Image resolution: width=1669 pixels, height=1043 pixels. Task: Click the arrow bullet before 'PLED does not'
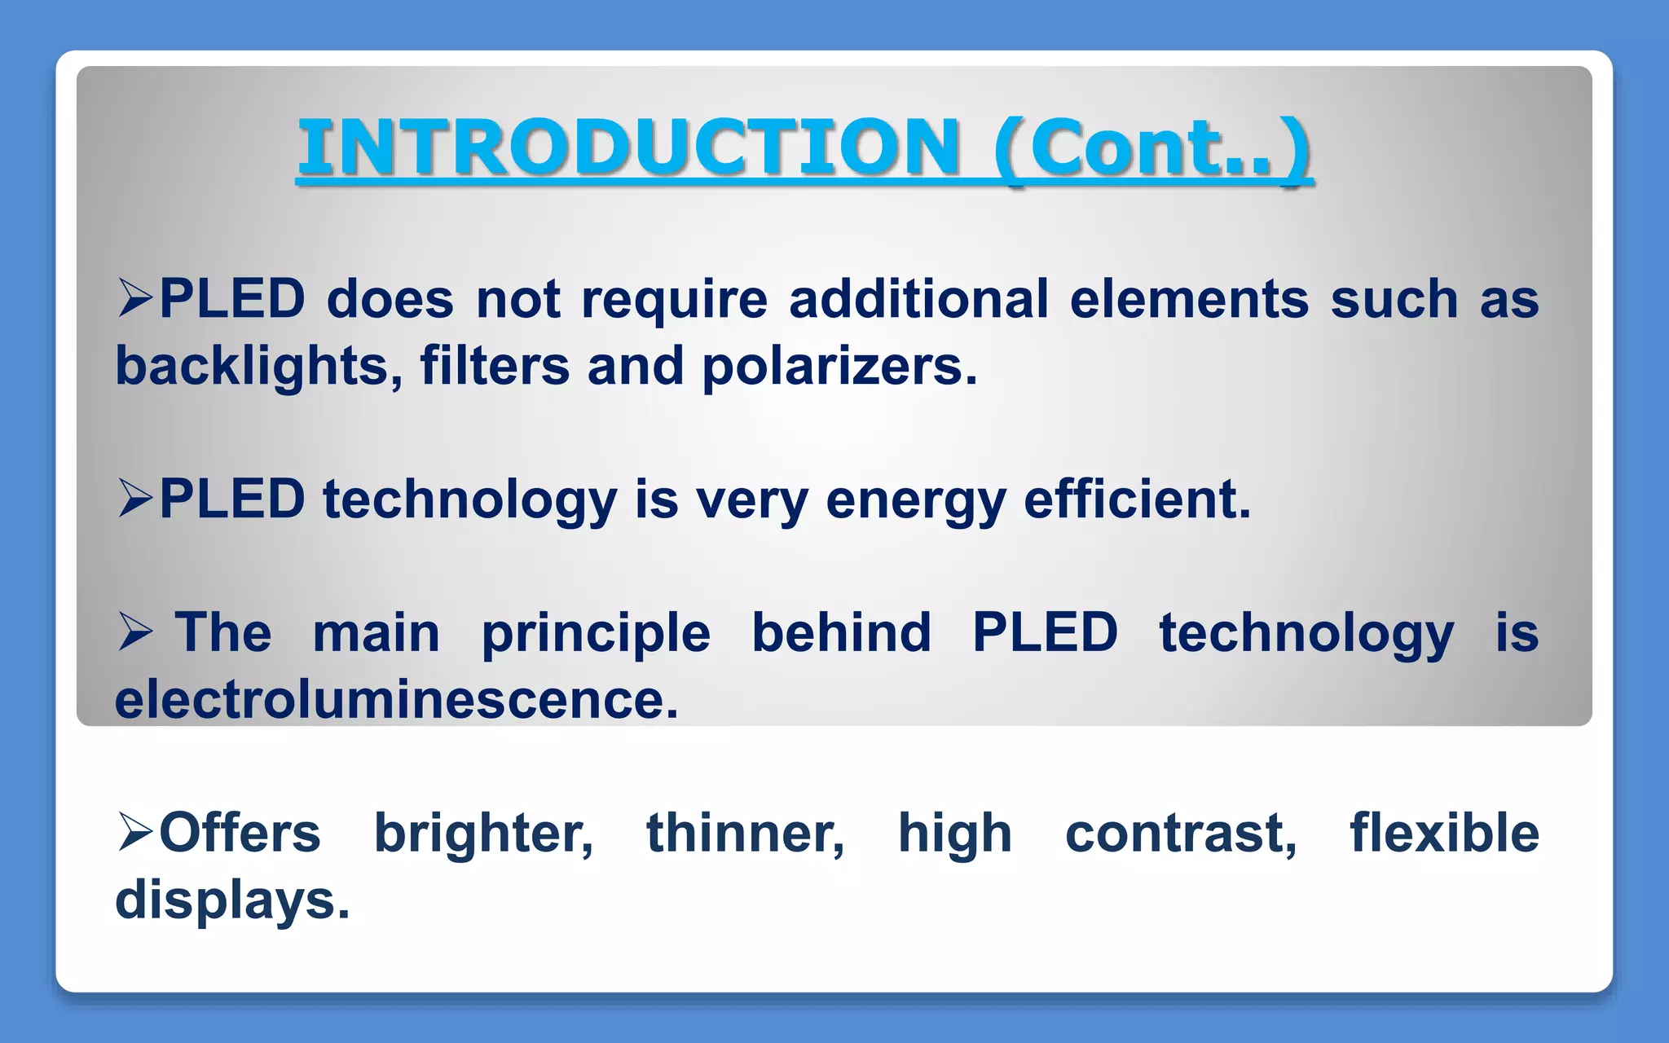[134, 297]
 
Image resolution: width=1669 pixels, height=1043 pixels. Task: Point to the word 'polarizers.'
[839, 366]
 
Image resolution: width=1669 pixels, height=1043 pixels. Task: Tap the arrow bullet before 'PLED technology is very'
[134, 498]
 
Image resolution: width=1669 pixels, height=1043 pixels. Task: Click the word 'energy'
[915, 499]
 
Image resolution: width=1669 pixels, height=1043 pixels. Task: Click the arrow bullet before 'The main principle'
[134, 632]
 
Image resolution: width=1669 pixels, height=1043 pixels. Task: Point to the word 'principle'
[595, 634]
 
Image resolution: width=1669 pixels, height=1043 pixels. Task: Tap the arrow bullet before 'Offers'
[134, 832]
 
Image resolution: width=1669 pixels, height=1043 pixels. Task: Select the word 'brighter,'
[483, 834]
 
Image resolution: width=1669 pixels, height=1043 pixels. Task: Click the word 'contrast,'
[1181, 834]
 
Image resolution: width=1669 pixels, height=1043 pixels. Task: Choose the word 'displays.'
[232, 900]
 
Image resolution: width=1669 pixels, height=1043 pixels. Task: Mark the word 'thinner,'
[745, 834]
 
